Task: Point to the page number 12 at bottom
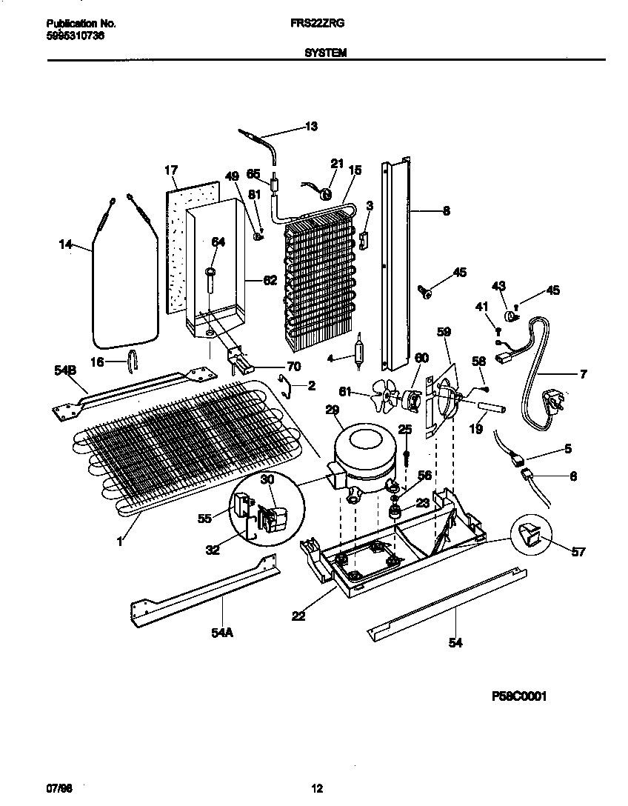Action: (317, 788)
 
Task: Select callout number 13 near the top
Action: (311, 127)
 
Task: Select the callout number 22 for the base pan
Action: (298, 615)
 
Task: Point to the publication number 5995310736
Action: (70, 35)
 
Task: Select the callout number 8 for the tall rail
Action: (446, 210)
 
